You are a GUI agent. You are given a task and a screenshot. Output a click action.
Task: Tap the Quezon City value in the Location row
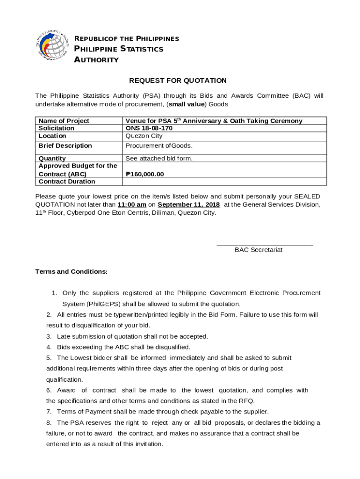144,136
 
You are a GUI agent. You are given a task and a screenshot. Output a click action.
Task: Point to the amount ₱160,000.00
145,174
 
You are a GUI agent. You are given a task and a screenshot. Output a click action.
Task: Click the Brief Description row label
65,145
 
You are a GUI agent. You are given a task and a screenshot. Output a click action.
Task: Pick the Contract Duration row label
66,181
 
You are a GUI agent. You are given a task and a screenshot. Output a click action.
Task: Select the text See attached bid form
159,158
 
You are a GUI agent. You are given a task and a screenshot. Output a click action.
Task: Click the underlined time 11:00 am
132,204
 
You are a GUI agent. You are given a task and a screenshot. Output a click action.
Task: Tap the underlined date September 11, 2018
188,204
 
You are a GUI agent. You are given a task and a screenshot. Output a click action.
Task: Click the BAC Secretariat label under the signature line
259,250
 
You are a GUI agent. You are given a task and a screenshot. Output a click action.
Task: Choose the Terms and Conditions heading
72,271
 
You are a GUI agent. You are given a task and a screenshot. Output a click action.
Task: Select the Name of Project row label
64,121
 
